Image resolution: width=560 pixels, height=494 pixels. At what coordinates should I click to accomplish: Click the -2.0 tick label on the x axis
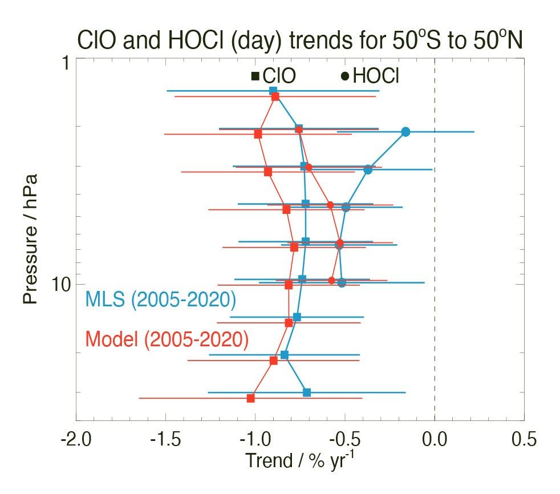coord(76,439)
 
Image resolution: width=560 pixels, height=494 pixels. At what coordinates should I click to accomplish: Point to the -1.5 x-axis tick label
coord(165,439)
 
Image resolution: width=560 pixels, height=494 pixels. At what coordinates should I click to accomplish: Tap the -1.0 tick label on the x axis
coord(255,439)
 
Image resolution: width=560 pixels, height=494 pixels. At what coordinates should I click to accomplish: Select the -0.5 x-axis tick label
coord(344,439)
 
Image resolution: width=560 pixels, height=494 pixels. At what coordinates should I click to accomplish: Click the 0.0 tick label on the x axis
coord(435,439)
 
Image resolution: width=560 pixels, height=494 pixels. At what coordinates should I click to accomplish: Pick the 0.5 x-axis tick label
coord(524,439)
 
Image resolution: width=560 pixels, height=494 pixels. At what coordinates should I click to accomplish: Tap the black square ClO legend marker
coord(255,76)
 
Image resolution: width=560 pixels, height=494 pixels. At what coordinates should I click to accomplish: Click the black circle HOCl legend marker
coord(344,76)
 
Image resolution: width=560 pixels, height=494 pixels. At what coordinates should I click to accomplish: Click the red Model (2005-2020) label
coord(167,339)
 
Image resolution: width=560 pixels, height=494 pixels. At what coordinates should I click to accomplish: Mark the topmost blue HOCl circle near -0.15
coord(405,132)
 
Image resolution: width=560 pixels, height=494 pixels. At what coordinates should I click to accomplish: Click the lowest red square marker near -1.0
coord(250,398)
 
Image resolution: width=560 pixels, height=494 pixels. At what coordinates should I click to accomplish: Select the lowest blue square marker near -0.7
coord(307,392)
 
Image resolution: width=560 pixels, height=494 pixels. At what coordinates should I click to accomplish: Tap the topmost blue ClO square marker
coord(273,91)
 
